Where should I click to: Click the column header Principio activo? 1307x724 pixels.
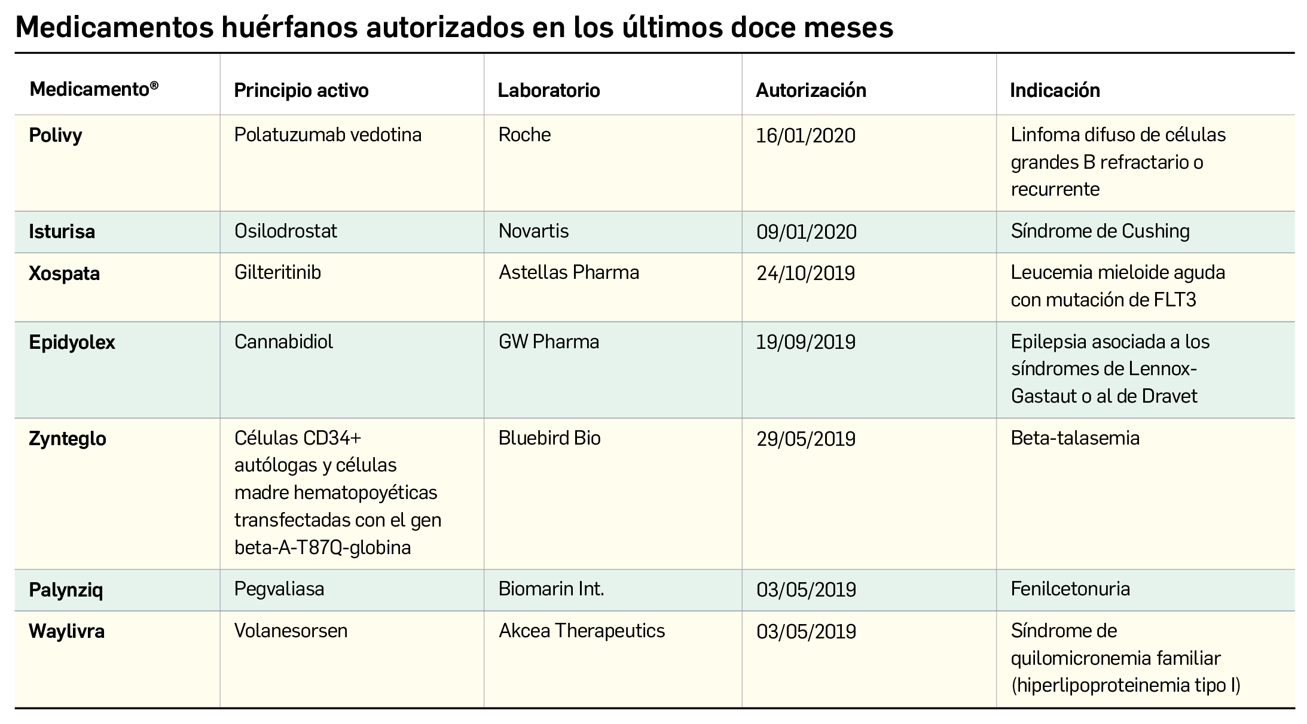point(301,90)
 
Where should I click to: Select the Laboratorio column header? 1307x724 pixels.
point(548,90)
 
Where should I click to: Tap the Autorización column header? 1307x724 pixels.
point(811,90)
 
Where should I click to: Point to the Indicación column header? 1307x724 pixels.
point(1055,90)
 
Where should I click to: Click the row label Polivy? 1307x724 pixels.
point(56,135)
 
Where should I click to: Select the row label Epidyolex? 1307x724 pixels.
point(72,342)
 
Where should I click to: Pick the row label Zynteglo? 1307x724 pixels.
point(68,439)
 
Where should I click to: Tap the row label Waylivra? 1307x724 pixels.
point(66,631)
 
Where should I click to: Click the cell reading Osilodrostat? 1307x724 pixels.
point(286,231)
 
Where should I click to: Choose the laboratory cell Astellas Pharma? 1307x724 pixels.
point(569,273)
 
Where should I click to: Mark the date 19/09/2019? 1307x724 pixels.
point(805,342)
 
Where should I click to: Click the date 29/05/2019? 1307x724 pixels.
point(805,439)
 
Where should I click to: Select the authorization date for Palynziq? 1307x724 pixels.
point(805,590)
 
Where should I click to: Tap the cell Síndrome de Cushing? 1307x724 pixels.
point(1100,231)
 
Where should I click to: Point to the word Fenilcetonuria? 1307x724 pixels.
point(1070,589)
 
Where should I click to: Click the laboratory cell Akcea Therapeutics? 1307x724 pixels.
point(581,631)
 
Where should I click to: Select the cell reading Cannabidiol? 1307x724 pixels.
point(283,342)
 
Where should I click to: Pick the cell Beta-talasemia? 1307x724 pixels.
point(1074,438)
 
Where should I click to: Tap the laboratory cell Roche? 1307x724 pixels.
point(524,135)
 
